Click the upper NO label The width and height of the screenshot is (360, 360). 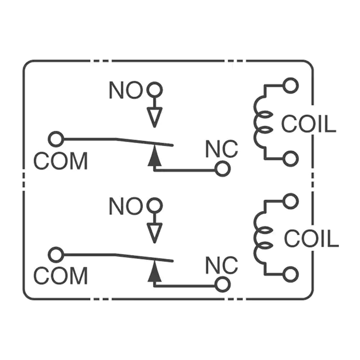125,90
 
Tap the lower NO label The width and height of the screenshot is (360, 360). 125,207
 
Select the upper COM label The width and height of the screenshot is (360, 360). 60,161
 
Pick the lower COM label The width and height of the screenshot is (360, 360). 60,275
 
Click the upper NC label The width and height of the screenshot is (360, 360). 221,149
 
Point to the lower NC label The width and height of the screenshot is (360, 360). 221,265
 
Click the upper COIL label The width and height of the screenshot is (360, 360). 309,124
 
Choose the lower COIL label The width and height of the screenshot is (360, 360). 311,238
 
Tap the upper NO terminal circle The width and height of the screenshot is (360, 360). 154,90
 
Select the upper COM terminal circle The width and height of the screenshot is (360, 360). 56,139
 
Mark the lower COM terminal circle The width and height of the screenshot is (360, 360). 56,255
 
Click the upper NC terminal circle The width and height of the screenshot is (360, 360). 221,169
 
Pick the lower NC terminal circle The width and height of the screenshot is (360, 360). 221,284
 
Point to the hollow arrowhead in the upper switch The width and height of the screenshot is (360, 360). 154,117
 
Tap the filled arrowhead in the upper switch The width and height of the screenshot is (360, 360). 154,156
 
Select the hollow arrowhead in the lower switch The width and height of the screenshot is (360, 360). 154,233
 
